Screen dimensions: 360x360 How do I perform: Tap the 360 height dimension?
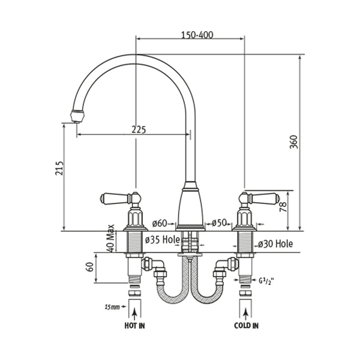(293, 142)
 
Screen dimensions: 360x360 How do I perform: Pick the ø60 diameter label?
(160, 223)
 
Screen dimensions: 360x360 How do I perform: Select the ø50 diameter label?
(218, 223)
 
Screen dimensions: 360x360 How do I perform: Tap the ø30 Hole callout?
(275, 244)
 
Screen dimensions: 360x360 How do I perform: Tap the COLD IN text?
(246, 326)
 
